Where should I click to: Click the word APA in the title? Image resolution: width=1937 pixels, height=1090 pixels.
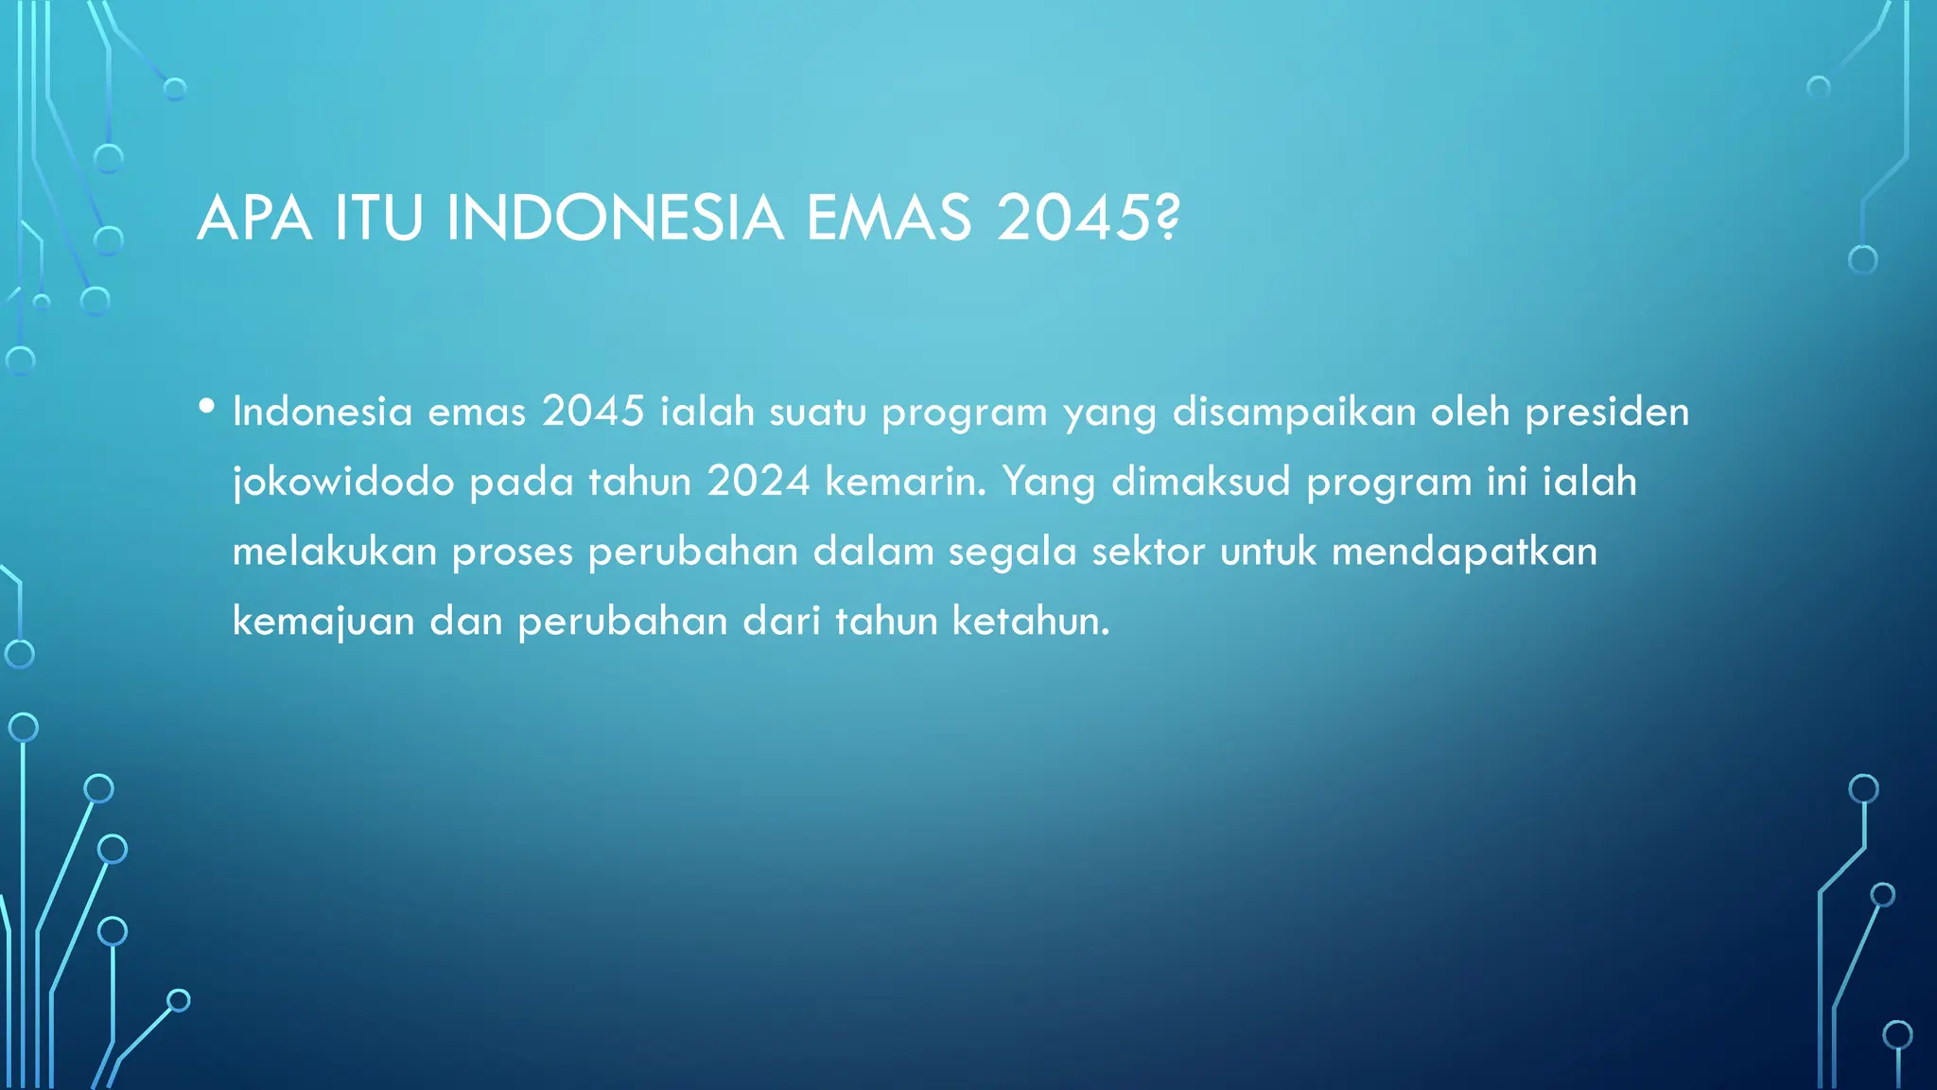pyautogui.click(x=253, y=219)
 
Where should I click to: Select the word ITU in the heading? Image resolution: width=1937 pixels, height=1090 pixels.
pyautogui.click(x=378, y=219)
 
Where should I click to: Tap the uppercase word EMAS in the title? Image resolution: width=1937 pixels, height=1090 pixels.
pyautogui.click(x=889, y=219)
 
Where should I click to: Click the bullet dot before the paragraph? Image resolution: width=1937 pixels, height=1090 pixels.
pyautogui.click(x=207, y=406)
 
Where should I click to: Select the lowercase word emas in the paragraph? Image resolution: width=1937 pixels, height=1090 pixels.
pyautogui.click(x=477, y=412)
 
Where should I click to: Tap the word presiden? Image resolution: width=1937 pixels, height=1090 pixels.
pyautogui.click(x=1607, y=413)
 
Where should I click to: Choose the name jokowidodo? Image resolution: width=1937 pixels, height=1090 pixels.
pyautogui.click(x=343, y=483)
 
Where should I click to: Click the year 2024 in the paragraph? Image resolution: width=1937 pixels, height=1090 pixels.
pyautogui.click(x=759, y=482)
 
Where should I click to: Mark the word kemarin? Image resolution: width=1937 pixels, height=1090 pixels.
pyautogui.click(x=905, y=482)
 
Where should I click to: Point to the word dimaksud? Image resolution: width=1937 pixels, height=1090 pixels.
pyautogui.click(x=1200, y=482)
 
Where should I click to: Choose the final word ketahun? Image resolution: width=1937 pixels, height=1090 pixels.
pyautogui.click(x=1030, y=622)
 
